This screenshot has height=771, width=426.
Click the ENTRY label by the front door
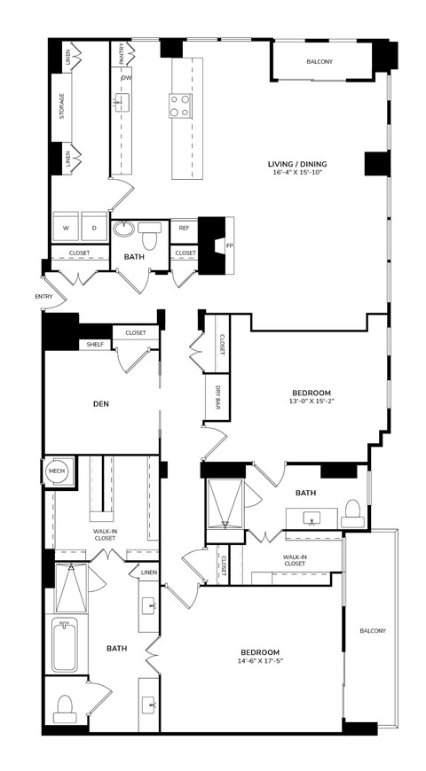[x=43, y=297]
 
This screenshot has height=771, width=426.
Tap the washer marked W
[x=66, y=227]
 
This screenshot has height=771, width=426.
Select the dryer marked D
[x=94, y=227]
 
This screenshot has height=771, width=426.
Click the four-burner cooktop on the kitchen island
[x=180, y=105]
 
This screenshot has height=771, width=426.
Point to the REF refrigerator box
[x=185, y=228]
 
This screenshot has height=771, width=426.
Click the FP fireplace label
[x=229, y=245]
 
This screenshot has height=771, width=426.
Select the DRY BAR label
[x=217, y=397]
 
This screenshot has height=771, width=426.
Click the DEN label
[x=101, y=404]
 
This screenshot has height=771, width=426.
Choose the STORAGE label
[x=62, y=106]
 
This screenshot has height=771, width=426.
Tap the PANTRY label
[x=122, y=53]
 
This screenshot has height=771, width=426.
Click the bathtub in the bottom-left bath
[x=65, y=644]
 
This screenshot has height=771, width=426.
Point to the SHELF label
[x=95, y=345]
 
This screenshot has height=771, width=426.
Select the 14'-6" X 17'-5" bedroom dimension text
[x=260, y=661]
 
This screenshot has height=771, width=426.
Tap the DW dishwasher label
[x=126, y=78]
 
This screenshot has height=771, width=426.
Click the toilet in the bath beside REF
[x=149, y=236]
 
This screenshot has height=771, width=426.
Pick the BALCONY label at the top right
[x=319, y=62]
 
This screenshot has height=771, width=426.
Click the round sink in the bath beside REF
[x=123, y=230]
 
